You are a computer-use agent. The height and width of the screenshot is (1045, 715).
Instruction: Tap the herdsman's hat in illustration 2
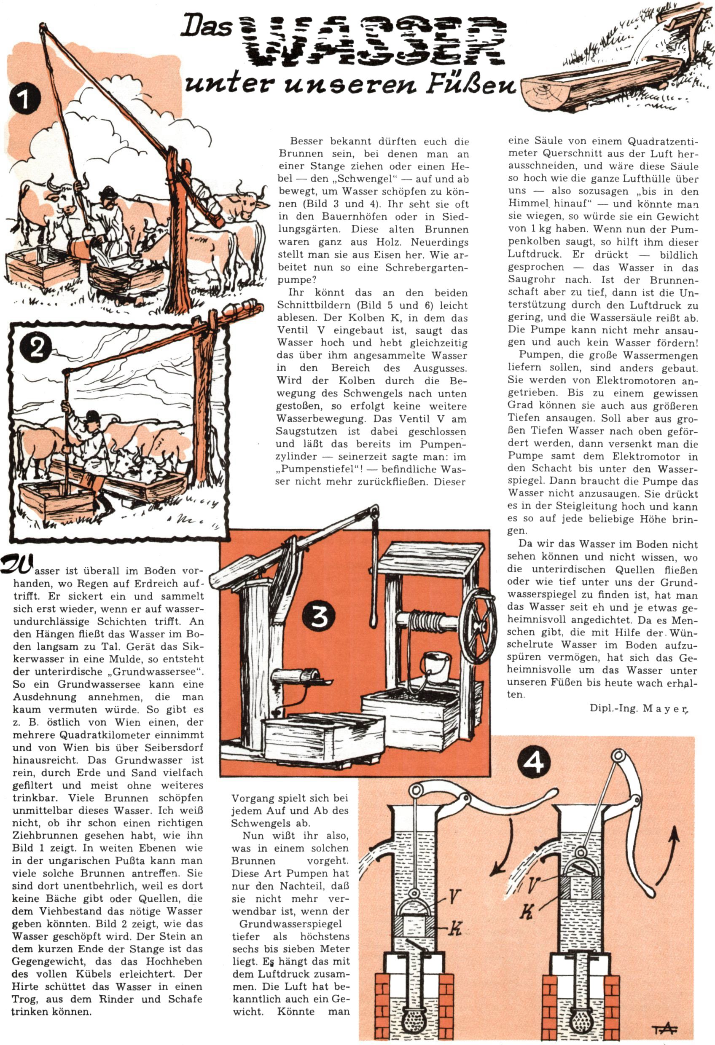(93, 415)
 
